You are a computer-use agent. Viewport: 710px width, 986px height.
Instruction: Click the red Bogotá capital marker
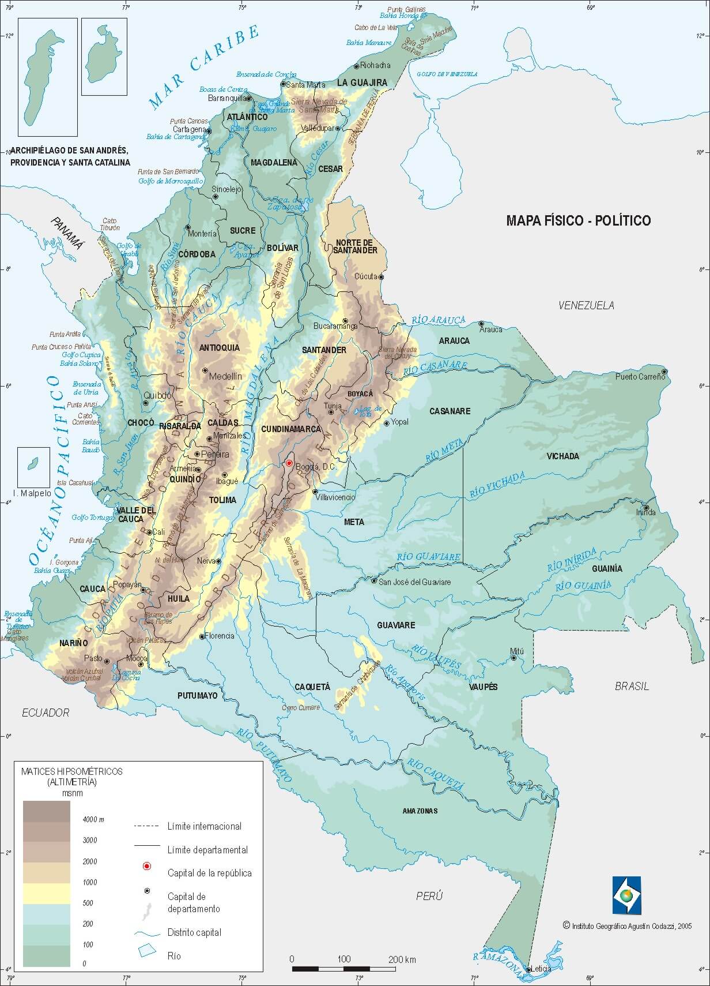[289, 463]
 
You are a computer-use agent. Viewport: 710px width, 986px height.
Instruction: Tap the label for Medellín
[225, 376]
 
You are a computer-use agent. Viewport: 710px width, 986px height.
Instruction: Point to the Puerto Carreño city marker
[664, 372]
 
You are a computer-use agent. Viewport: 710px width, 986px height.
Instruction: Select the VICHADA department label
[562, 456]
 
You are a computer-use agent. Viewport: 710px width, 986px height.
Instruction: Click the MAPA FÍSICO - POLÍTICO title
[578, 220]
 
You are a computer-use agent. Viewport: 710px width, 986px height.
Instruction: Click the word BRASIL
[632, 686]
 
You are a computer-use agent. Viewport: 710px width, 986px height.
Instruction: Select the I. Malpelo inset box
[33, 467]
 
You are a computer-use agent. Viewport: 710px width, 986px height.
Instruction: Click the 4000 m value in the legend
[93, 819]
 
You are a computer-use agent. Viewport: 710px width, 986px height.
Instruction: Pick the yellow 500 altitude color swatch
[46, 893]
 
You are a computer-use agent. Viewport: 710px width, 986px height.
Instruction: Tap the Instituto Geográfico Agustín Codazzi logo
[626, 896]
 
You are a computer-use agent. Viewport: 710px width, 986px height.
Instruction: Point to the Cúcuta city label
[365, 276]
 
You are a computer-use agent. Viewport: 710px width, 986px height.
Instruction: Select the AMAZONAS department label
[420, 811]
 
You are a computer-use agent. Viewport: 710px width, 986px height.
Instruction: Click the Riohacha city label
[375, 65]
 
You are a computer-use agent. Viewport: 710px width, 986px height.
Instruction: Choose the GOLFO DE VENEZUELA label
[447, 74]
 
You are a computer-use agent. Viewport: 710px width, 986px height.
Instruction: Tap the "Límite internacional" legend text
[204, 826]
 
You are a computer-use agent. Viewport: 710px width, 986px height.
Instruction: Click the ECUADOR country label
[46, 713]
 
